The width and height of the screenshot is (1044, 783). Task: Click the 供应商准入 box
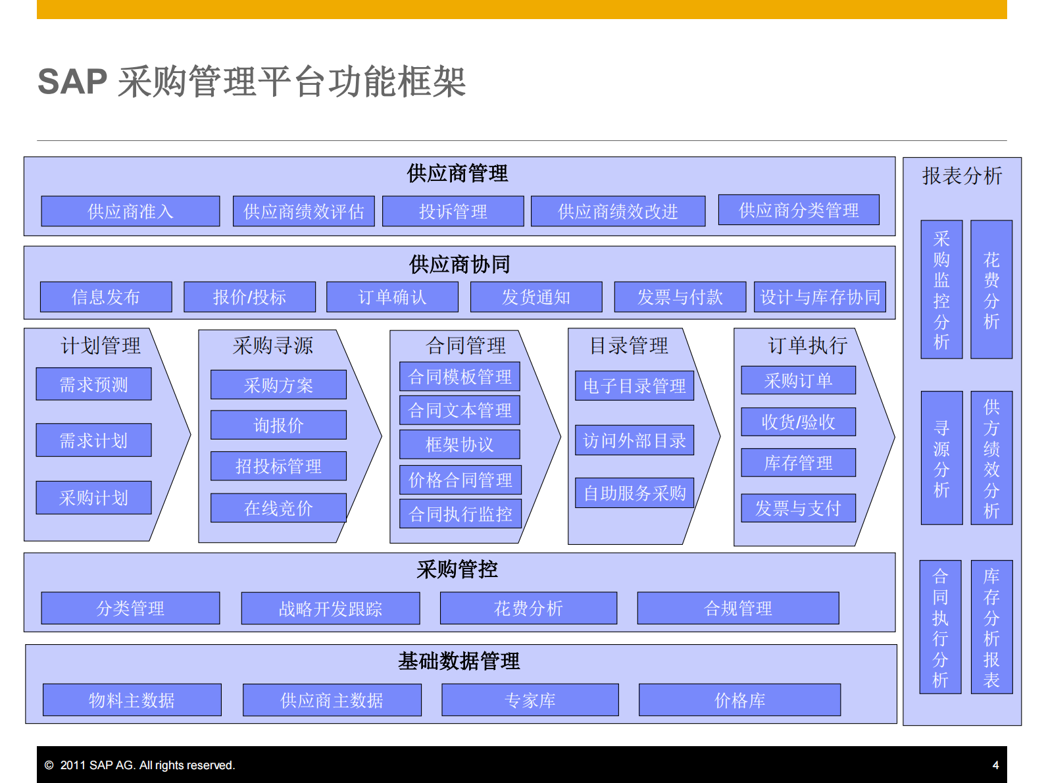tap(130, 211)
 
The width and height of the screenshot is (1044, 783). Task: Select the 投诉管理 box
tap(453, 211)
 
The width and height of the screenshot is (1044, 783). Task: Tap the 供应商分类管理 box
tap(799, 210)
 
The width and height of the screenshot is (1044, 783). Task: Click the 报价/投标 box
tap(249, 297)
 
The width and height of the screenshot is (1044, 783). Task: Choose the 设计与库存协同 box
tap(820, 297)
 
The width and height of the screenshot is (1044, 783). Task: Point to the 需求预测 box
tap(93, 384)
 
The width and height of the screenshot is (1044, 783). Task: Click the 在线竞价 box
tap(278, 508)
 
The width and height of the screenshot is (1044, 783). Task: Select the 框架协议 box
tap(459, 444)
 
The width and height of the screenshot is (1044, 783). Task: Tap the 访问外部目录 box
tap(634, 440)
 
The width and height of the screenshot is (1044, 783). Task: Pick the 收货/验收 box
tap(798, 422)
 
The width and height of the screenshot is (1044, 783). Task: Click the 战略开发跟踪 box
tap(330, 609)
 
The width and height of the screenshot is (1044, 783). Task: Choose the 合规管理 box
tap(738, 608)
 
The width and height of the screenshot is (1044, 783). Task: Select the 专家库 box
tap(530, 700)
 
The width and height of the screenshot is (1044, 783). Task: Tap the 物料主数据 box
tap(132, 700)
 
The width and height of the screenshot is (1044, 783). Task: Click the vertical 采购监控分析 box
tap(941, 290)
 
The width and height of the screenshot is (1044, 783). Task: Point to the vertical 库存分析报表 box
tap(991, 627)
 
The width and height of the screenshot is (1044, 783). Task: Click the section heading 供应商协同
tap(459, 265)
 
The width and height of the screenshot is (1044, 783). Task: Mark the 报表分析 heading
tap(962, 176)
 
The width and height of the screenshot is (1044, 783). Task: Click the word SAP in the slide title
tap(72, 82)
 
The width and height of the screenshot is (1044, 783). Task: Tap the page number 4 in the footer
tap(995, 765)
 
